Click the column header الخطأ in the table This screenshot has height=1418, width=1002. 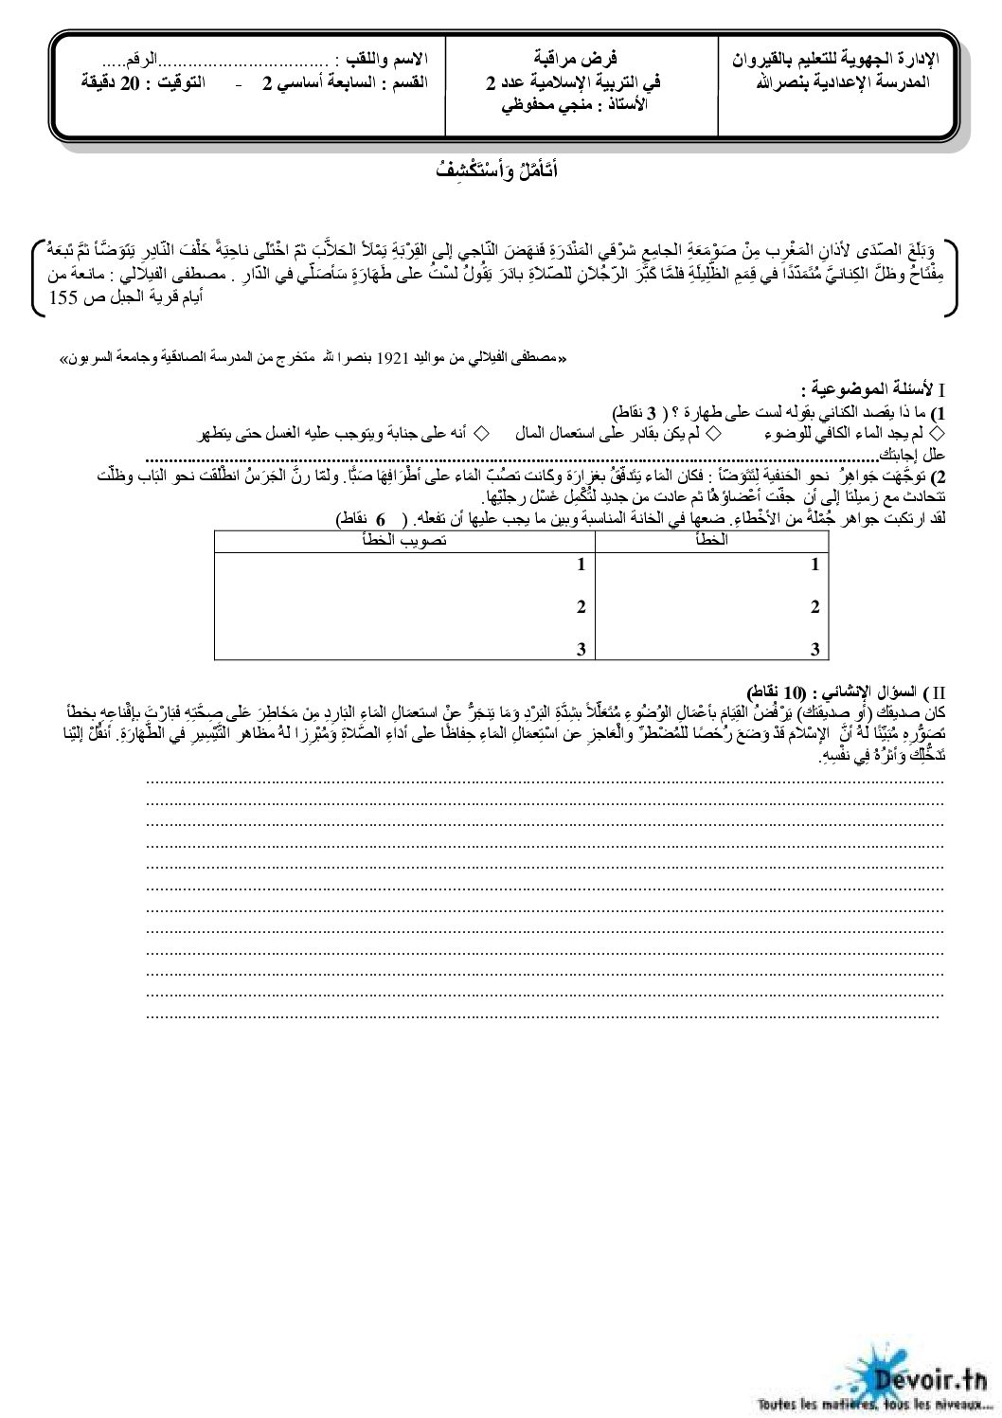(711, 540)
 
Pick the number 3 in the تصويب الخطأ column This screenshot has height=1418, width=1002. (582, 649)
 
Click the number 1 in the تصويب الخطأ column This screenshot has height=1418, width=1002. (582, 565)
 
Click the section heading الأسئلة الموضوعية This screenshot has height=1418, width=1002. (868, 389)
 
